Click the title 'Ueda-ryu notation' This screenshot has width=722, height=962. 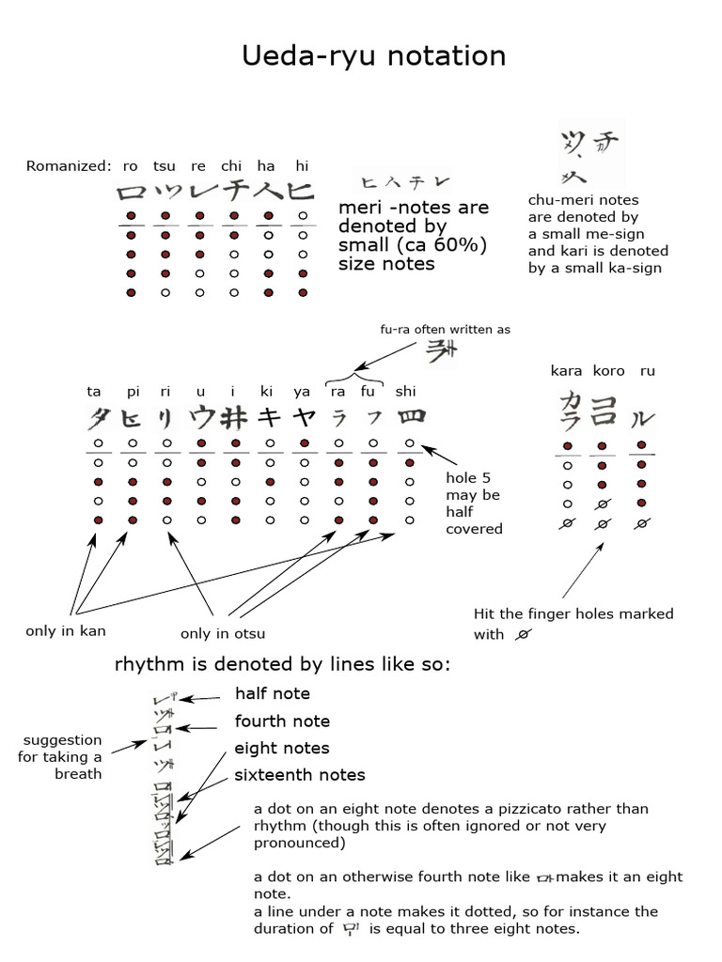373,55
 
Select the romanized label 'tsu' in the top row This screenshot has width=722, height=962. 165,166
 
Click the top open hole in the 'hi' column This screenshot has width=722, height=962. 301,216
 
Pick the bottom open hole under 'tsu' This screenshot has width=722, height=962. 165,293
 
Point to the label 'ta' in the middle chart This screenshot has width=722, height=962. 94,391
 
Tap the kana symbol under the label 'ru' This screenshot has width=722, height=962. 643,415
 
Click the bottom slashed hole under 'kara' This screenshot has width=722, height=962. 567,523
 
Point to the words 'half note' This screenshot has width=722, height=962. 272,693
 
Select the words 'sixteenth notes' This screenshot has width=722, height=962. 300,775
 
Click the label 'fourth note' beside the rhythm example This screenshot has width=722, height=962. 282,721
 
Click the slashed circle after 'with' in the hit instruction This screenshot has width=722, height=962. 522,634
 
